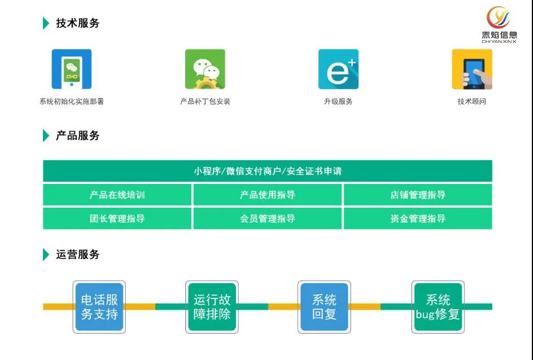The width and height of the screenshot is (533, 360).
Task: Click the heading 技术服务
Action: [77, 23]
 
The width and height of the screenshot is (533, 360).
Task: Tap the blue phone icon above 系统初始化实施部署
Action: [72, 69]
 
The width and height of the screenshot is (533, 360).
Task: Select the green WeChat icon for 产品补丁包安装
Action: [205, 69]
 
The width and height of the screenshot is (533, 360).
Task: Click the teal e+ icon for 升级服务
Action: [338, 69]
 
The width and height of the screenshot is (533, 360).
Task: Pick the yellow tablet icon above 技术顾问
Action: [472, 69]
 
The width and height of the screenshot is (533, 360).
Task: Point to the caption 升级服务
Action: [338, 102]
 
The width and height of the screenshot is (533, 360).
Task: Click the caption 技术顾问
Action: [472, 102]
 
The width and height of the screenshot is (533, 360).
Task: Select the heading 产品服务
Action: [77, 135]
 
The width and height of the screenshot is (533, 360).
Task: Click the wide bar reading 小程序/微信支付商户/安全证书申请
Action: [267, 171]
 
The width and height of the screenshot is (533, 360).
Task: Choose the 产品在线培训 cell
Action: [117, 195]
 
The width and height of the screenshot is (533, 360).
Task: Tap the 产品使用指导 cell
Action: [267, 195]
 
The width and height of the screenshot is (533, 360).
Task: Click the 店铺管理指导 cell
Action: [418, 195]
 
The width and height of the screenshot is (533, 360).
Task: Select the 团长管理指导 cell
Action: [117, 218]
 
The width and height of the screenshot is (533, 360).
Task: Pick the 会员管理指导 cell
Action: [267, 218]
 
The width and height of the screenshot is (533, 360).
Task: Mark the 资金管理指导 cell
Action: [418, 218]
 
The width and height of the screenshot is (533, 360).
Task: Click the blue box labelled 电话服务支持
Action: [99, 307]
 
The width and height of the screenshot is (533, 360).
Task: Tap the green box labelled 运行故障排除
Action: [212, 307]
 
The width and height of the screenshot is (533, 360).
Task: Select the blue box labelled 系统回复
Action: [324, 307]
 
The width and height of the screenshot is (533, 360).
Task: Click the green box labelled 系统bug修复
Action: [438, 307]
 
